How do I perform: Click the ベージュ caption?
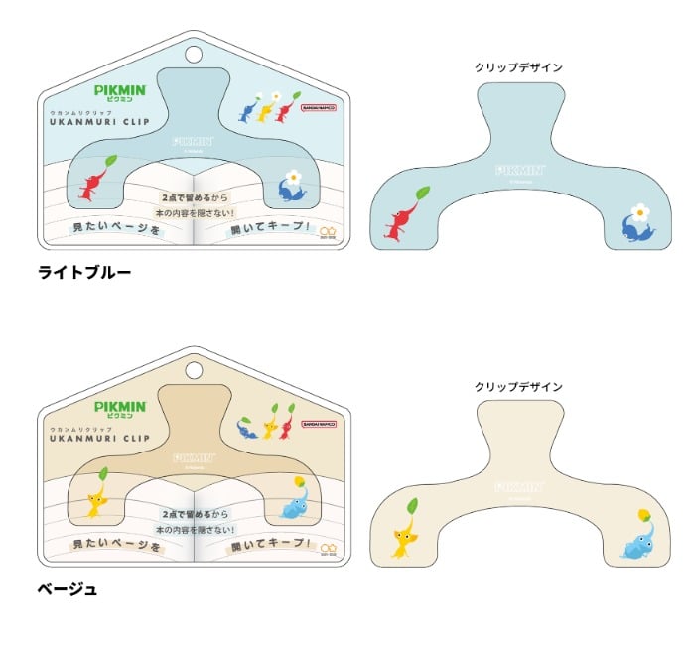pyautogui.click(x=68, y=589)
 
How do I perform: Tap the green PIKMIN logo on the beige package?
pyautogui.click(x=120, y=408)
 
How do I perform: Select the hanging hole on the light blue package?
pyautogui.click(x=193, y=54)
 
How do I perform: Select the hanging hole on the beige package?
pyautogui.click(x=193, y=372)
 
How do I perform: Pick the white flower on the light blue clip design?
pyautogui.click(x=641, y=211)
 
